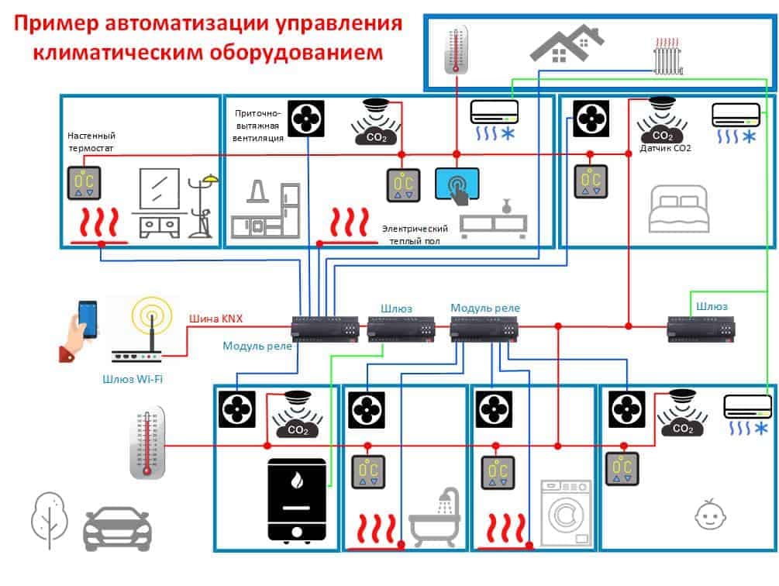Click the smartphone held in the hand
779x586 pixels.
[x=88, y=319]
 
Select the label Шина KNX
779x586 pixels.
[x=215, y=319]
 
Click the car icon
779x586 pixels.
[x=117, y=529]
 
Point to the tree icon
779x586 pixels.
[x=49, y=520]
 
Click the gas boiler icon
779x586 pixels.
[x=297, y=500]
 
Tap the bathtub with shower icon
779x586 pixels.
[x=434, y=517]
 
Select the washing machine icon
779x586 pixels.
[x=566, y=513]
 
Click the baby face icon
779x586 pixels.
[x=710, y=515]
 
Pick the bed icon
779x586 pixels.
[x=679, y=209]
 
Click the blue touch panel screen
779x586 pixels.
[x=457, y=184]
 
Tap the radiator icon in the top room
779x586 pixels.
[x=667, y=56]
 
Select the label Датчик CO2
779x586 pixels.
[x=665, y=148]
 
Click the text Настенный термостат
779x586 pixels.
[x=91, y=142]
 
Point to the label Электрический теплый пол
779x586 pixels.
[x=415, y=234]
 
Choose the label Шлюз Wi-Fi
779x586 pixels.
[x=133, y=379]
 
